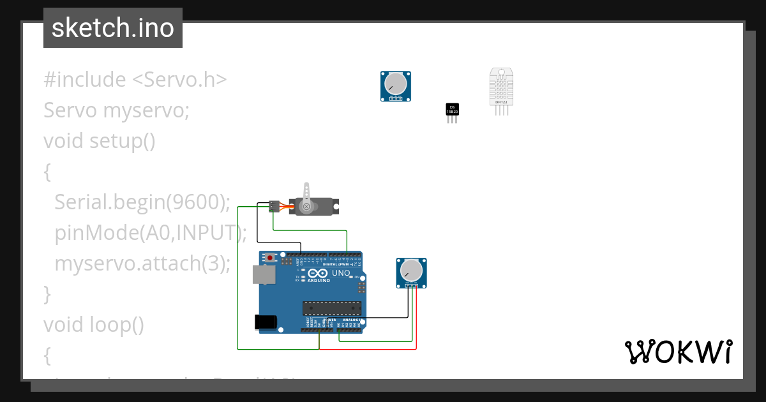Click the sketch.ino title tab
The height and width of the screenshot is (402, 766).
tap(113, 28)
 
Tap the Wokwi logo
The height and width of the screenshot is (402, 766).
tap(678, 352)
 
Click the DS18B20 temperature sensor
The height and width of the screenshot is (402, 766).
tap(452, 110)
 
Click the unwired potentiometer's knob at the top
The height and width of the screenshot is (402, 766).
tap(396, 84)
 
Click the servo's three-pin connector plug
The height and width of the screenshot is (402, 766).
tap(274, 206)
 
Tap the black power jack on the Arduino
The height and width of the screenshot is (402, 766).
tap(266, 322)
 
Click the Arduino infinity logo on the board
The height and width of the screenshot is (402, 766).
tap(303, 273)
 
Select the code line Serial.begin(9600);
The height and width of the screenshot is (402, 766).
tap(142, 202)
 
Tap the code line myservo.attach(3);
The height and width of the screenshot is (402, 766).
tap(142, 263)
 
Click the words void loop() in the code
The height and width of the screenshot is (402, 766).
tap(94, 325)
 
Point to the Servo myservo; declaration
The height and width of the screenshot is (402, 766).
tap(117, 110)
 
